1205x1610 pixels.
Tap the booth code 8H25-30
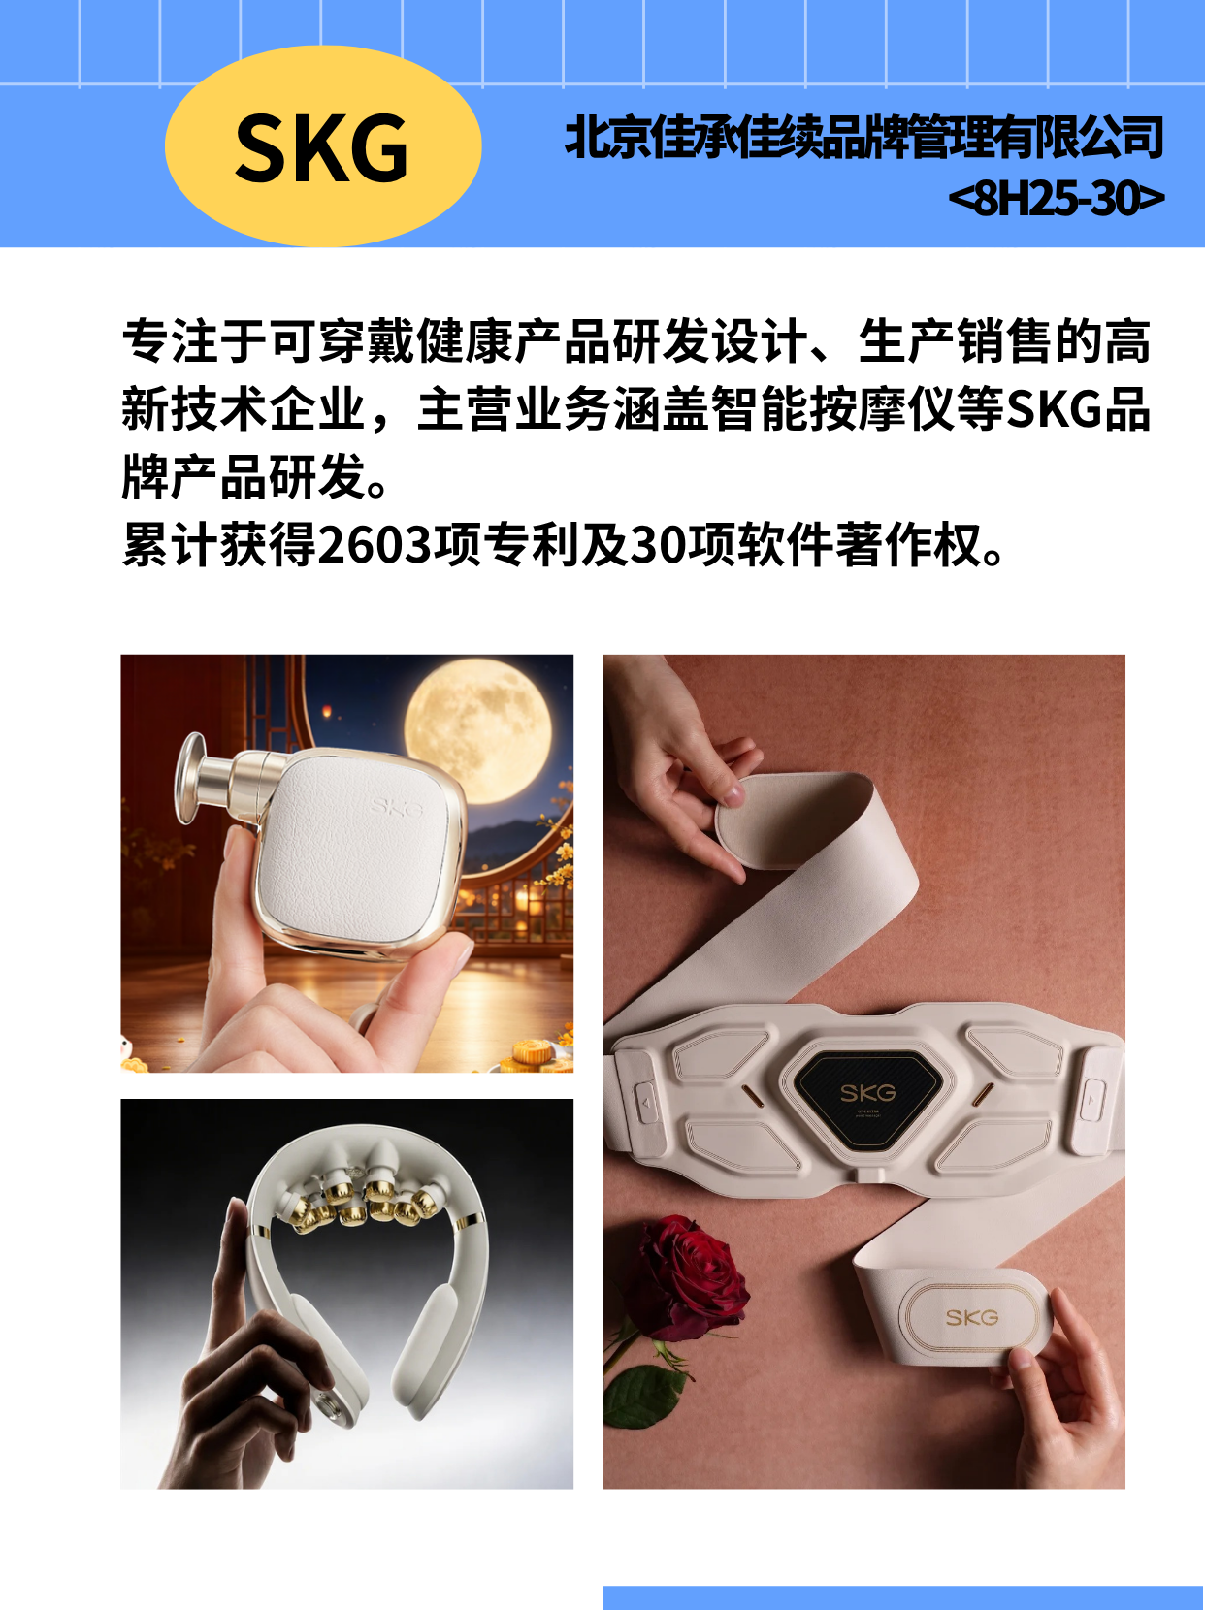click(1057, 198)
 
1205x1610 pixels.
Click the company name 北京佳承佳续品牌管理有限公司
click(863, 137)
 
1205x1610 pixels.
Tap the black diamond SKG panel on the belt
click(867, 1098)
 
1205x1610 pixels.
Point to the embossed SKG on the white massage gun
click(396, 808)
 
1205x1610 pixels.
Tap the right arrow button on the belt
click(1091, 1100)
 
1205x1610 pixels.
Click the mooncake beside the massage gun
click(533, 1054)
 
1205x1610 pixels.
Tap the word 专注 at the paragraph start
click(170, 340)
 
